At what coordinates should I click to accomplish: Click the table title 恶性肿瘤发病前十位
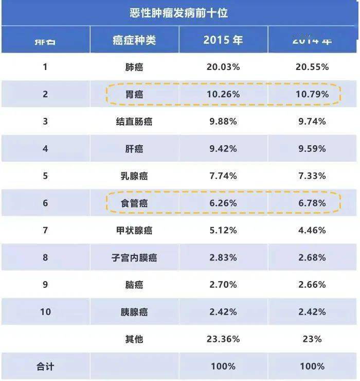pos(179,13)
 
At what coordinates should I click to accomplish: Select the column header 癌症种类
pos(134,40)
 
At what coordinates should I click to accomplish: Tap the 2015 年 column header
pos(223,40)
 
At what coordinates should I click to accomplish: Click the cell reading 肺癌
pos(134,67)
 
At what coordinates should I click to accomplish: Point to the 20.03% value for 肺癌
pos(223,67)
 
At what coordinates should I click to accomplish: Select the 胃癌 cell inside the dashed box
pos(134,94)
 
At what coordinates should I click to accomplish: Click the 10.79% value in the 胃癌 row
pos(312,94)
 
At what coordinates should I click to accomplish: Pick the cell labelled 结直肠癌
pos(134,122)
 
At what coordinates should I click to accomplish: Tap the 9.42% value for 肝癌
pos(223,149)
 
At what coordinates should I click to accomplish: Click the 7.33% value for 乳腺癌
pos(312,176)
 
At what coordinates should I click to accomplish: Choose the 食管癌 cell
pos(134,203)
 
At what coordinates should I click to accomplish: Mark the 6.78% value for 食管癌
pos(312,203)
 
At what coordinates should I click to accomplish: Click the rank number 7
pos(45,230)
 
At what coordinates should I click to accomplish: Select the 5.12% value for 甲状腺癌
pos(223,230)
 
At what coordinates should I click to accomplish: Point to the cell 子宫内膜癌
pos(134,257)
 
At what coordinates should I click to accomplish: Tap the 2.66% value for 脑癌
pos(312,285)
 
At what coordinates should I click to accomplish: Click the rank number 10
pos(45,312)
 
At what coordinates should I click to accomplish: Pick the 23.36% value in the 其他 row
pos(223,339)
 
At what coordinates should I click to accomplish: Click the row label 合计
pos(45,367)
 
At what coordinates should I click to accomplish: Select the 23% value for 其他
pos(312,339)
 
